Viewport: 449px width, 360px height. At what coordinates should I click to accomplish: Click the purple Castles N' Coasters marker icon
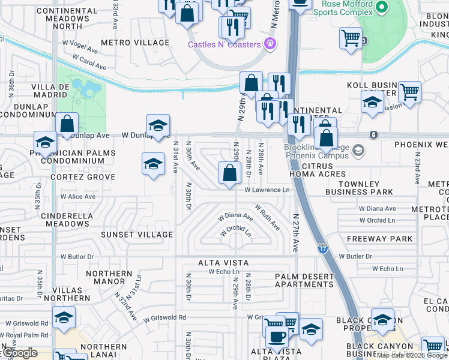pyautogui.click(x=270, y=44)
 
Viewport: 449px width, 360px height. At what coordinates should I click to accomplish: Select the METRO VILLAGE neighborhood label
pyautogui.click(x=135, y=43)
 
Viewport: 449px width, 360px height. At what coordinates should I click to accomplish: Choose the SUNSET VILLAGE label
pyautogui.click(x=136, y=235)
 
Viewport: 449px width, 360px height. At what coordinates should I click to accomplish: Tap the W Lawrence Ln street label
pyautogui.click(x=267, y=190)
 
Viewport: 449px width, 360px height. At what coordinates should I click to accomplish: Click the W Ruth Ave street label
pyautogui.click(x=267, y=217)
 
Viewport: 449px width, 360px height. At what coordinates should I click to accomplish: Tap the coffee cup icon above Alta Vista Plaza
pyautogui.click(x=277, y=336)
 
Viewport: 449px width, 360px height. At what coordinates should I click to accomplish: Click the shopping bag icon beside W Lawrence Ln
pyautogui.click(x=229, y=173)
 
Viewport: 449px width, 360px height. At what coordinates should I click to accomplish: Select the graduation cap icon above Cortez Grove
pyautogui.click(x=153, y=164)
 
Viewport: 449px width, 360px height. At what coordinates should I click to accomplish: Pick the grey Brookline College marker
pyautogui.click(x=358, y=149)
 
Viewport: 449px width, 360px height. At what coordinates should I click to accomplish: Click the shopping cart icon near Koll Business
pyautogui.click(x=409, y=92)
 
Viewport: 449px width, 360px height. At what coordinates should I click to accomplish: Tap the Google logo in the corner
pyautogui.click(x=19, y=353)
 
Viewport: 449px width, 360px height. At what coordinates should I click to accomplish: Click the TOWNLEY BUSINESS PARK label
pyautogui.click(x=359, y=188)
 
